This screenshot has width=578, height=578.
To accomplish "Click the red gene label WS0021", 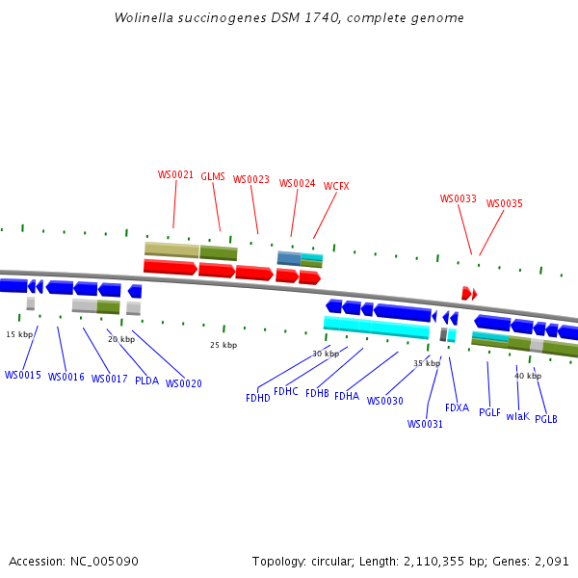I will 175,175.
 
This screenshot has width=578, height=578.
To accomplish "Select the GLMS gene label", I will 213,177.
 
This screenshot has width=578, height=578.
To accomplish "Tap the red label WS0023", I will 251,179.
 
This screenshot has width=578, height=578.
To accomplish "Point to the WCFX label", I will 336,186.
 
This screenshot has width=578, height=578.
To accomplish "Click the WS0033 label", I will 459,199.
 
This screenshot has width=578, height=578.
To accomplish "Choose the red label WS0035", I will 504,204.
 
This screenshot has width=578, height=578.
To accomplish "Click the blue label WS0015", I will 23,375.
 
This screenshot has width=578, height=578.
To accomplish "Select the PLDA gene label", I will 146,381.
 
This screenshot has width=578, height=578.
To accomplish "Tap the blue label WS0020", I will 184,383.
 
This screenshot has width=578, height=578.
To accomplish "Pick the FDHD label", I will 258,398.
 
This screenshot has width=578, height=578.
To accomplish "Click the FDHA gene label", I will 347,396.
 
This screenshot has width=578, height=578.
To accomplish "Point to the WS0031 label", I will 425,424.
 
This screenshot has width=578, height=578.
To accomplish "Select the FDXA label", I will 457,407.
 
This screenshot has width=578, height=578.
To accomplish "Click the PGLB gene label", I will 546,419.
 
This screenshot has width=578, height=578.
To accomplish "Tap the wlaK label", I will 517,416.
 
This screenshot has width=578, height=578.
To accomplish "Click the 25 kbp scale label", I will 223,345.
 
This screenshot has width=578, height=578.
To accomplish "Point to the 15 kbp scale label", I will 19,334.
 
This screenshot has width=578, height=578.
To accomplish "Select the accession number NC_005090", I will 107,561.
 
